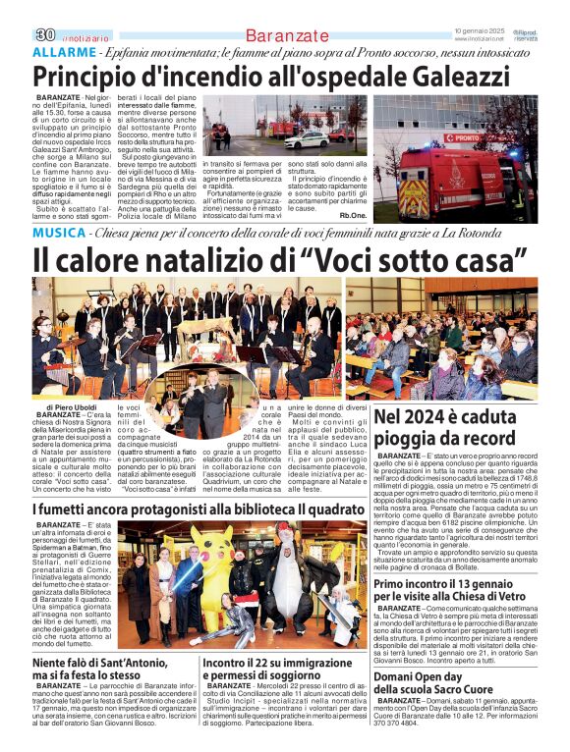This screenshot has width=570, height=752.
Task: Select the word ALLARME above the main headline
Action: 64,51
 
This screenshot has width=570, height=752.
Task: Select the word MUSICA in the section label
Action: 58,233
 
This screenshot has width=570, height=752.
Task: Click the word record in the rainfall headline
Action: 484,438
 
